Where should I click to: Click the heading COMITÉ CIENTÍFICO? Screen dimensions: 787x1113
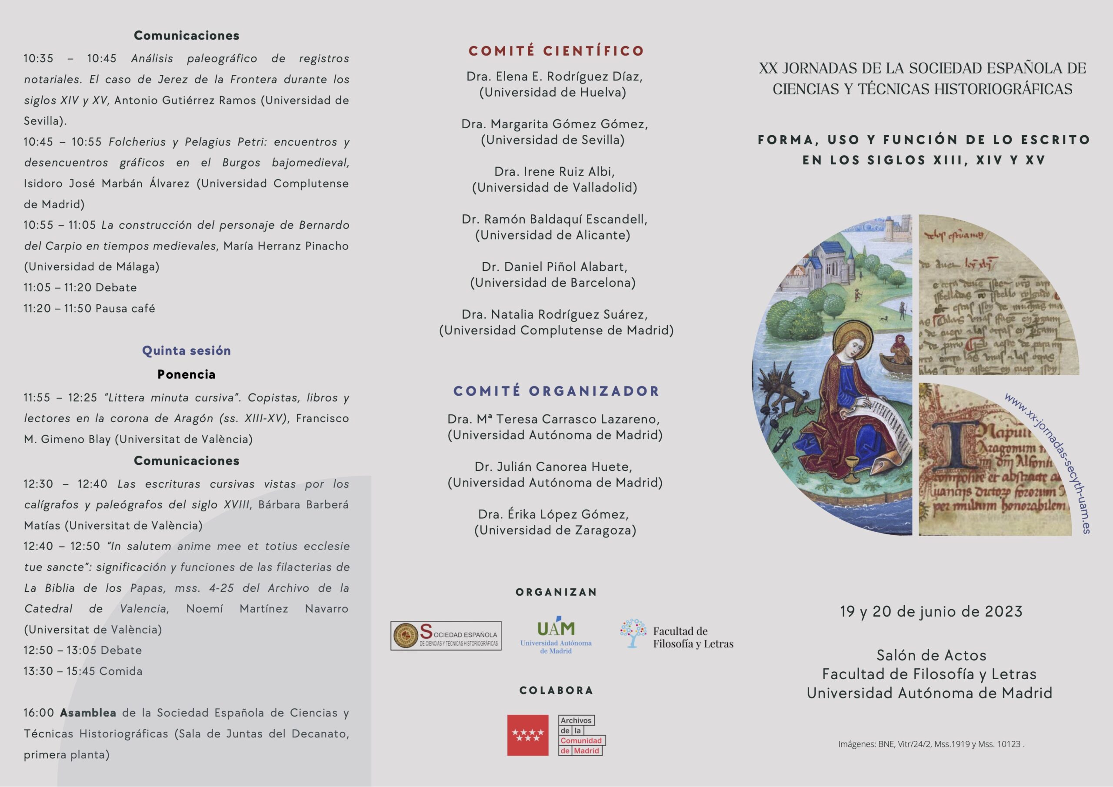[556, 51]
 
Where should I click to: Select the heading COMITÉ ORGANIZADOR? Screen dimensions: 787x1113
[556, 391]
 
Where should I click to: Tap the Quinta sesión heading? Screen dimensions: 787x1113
[186, 350]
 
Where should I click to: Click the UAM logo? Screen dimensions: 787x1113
[556, 635]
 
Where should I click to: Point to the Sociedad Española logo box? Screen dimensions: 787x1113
[446, 636]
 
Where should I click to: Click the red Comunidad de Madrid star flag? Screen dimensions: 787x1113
[528, 735]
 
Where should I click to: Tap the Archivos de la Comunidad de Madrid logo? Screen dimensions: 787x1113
[581, 735]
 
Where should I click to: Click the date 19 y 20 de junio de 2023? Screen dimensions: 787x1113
[931, 612]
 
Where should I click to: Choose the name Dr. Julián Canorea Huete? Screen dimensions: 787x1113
[553, 467]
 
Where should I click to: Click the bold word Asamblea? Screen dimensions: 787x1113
[88, 713]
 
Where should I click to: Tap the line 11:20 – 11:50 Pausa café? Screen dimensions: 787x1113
[89, 308]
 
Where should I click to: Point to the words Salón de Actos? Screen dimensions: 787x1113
[931, 656]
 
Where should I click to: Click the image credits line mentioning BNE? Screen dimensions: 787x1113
[931, 744]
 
